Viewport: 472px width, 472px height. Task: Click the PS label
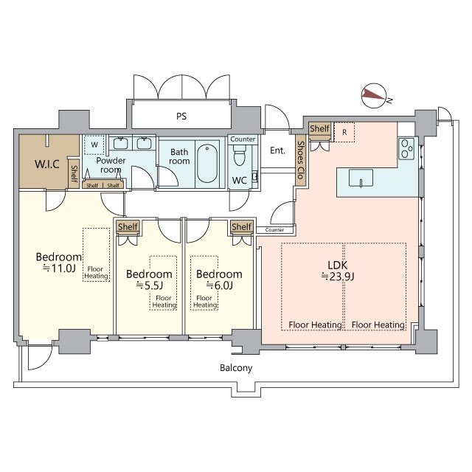tap(181, 117)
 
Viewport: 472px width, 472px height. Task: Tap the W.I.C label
tap(47, 164)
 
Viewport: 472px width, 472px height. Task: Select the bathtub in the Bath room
tap(207, 164)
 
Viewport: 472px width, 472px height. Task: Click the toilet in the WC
tap(240, 156)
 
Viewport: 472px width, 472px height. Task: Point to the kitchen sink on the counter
tap(361, 178)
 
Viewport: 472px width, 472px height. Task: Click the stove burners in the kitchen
tap(406, 148)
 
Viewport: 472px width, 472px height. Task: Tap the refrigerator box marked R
tap(344, 132)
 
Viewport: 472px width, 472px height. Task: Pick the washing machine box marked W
tap(94, 145)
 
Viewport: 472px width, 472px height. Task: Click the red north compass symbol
tap(374, 95)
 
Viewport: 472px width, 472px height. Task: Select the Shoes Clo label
tap(300, 160)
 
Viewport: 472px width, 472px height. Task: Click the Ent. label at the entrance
tap(277, 150)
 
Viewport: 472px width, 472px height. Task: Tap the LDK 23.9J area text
tap(338, 271)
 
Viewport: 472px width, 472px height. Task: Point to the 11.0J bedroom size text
tap(59, 268)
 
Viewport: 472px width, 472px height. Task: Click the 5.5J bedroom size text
tap(149, 285)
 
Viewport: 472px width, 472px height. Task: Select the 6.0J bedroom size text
tap(220, 285)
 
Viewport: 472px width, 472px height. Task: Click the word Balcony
tap(236, 368)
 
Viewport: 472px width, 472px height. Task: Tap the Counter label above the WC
tap(243, 139)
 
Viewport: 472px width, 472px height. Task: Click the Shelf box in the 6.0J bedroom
tap(241, 226)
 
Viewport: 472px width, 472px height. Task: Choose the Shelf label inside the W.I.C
tap(74, 174)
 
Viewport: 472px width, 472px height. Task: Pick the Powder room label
tap(111, 165)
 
